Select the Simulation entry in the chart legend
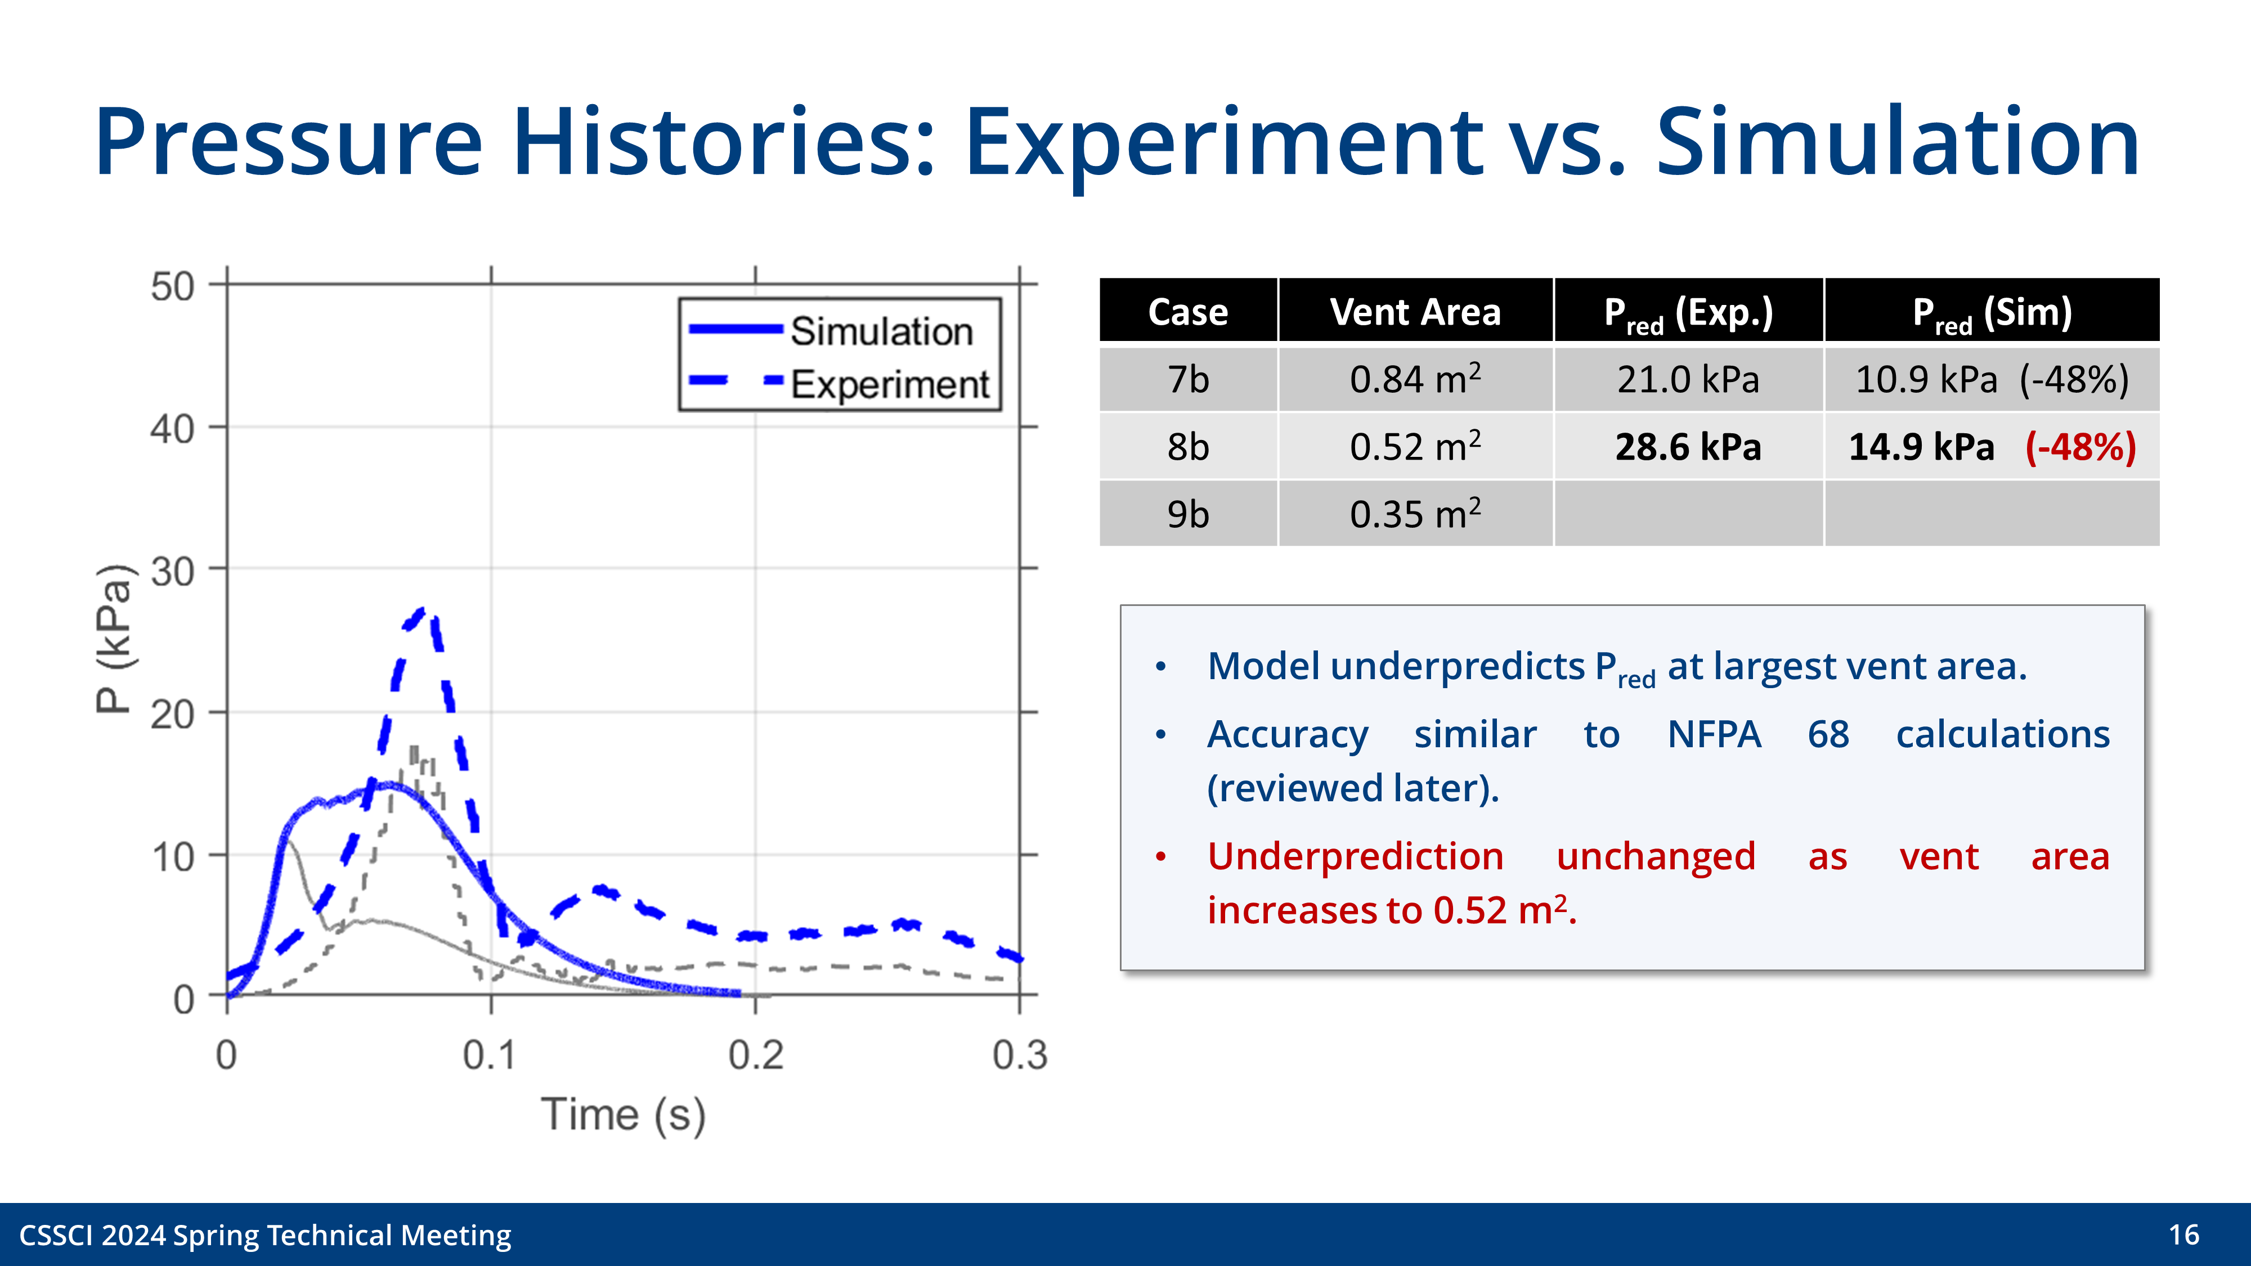881,331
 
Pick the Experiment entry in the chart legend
889,384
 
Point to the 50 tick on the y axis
172,286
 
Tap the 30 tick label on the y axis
172,572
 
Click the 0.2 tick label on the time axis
755,1056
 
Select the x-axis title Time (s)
623,1115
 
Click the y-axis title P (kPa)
114,639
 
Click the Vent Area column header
1415,312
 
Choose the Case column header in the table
1187,312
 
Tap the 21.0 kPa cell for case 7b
1687,380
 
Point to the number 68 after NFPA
1828,734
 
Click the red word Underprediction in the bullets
1355,856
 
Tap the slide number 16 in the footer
2183,1234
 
